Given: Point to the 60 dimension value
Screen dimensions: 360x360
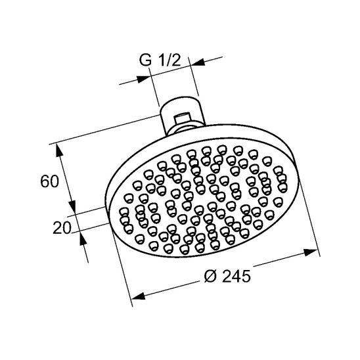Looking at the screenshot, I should point(51,181).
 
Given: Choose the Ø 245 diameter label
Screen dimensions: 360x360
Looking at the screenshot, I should point(223,277).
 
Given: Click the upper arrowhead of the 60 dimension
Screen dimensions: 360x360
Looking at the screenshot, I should point(60,151).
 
